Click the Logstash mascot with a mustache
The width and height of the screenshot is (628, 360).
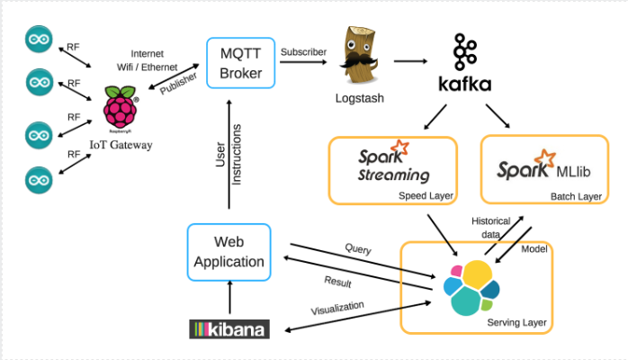click(x=358, y=59)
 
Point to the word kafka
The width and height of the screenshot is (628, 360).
click(x=464, y=85)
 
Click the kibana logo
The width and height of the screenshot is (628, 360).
click(x=229, y=329)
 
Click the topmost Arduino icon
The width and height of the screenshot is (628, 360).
click(x=39, y=40)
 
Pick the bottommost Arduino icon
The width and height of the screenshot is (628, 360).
click(x=39, y=176)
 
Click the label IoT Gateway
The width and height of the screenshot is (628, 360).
click(x=121, y=144)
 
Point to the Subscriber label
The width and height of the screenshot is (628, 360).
click(x=303, y=52)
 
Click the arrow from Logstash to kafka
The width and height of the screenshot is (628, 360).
click(x=410, y=61)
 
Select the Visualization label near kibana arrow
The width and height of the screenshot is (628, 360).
click(x=337, y=308)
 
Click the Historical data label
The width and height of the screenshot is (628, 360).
click(x=491, y=226)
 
